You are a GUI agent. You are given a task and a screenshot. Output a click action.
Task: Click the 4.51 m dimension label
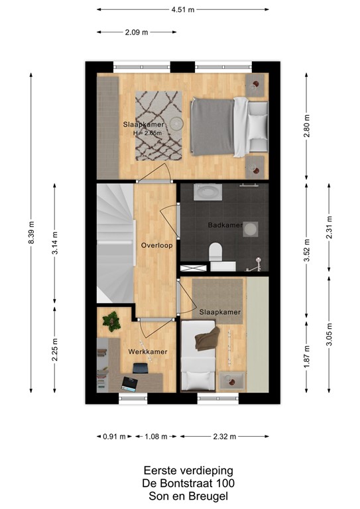click(x=182, y=10)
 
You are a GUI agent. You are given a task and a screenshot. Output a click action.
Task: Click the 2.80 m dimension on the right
click(x=306, y=126)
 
